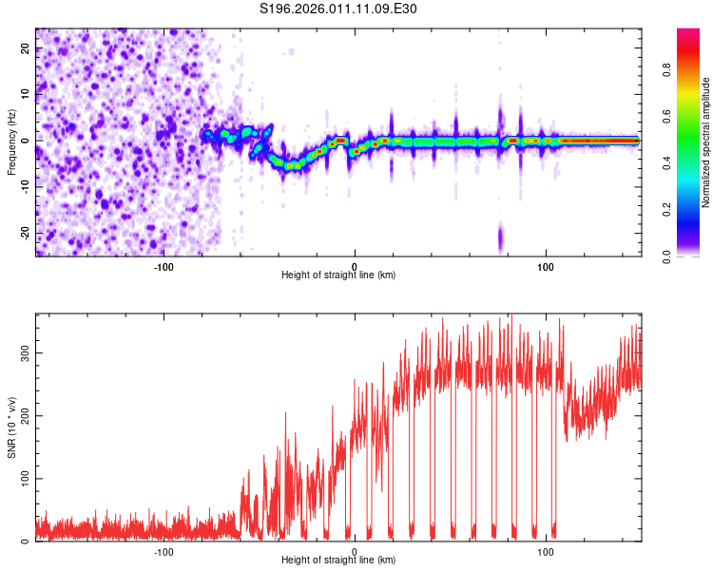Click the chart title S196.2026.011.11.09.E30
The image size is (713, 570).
(x=339, y=9)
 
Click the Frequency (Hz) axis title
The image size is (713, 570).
(x=11, y=142)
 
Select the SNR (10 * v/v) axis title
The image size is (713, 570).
(x=11, y=427)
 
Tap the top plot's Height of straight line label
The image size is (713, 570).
(x=338, y=275)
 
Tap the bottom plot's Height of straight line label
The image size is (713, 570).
(x=338, y=560)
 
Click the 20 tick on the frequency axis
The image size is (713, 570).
(x=26, y=49)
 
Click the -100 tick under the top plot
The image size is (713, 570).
(x=164, y=266)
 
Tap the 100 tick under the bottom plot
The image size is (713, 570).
(x=546, y=552)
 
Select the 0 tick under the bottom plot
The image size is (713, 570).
(x=355, y=552)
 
